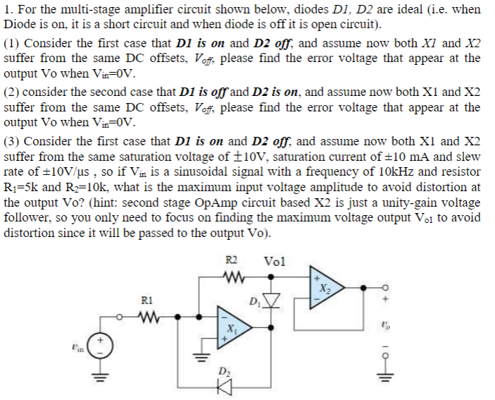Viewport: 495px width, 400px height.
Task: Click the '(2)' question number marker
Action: (x=12, y=91)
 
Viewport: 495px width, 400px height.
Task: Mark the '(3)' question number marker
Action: (x=12, y=140)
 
